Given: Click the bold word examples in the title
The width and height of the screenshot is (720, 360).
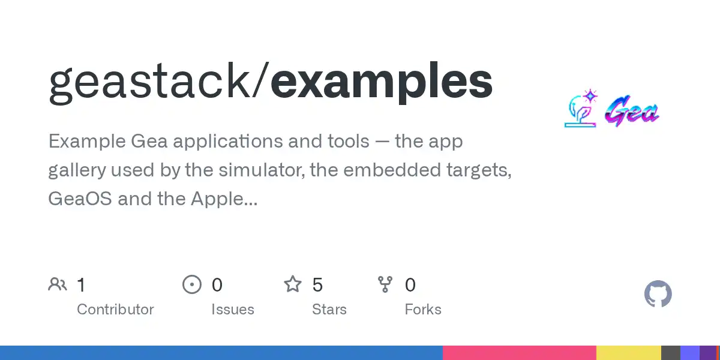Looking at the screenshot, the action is (382, 82).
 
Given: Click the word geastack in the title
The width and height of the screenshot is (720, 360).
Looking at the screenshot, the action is (149, 83).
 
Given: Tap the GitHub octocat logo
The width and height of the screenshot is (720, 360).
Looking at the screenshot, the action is (658, 294).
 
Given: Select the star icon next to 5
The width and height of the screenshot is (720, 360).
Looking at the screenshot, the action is (293, 284).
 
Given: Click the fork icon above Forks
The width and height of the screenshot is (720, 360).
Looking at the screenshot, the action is (385, 284).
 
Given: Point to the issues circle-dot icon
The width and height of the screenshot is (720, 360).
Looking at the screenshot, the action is (192, 284).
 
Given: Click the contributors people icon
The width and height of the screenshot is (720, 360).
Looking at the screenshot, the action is (58, 284).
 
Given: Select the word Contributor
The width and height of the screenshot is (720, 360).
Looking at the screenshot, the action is (115, 310).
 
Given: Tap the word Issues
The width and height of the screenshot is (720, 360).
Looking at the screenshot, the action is (233, 310).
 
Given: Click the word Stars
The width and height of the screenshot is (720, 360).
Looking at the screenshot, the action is (329, 310).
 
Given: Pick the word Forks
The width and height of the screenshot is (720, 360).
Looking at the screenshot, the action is (423, 310).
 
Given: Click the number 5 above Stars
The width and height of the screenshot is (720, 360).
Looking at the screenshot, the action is (317, 285).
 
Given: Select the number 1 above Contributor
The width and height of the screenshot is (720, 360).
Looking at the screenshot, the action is (81, 285).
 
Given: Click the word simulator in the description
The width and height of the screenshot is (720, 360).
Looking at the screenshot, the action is (262, 170).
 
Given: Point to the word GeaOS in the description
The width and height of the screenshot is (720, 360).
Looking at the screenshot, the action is (80, 199).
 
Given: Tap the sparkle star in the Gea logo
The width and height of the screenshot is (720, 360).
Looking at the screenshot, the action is (590, 96).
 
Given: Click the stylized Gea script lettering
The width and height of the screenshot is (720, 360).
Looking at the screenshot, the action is (632, 111).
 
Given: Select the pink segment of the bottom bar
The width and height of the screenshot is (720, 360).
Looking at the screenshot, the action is (520, 353).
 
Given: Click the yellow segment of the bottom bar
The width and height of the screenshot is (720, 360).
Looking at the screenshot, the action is (629, 353).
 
